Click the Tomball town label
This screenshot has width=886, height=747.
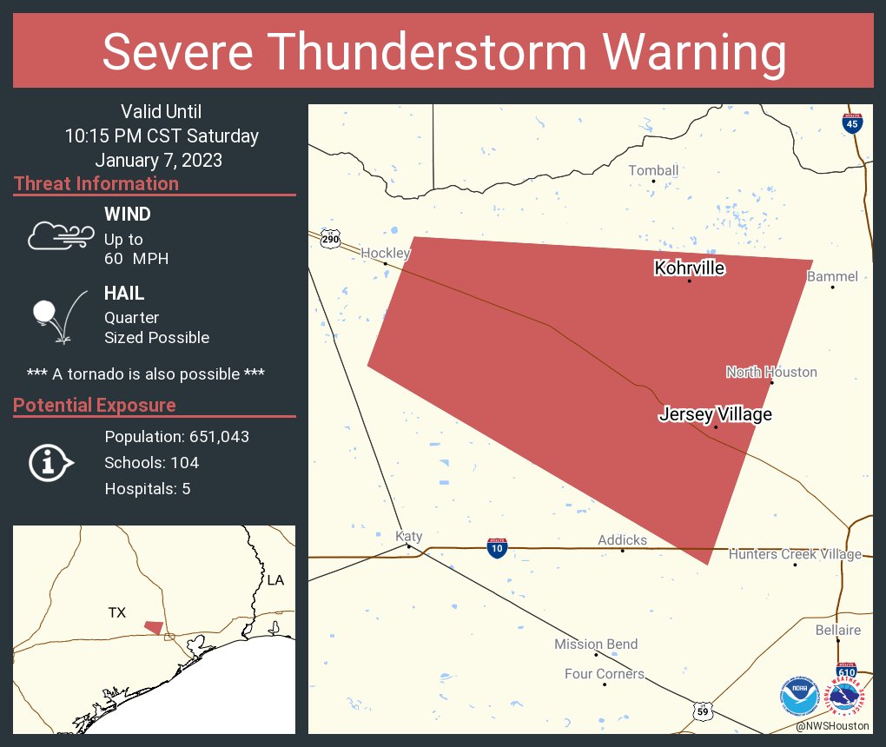(653, 170)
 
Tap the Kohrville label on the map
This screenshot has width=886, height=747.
(689, 268)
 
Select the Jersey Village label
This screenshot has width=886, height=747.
(715, 414)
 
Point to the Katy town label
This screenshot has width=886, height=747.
(408, 536)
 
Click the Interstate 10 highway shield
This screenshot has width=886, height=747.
(496, 547)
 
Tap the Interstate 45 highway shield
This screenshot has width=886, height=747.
(852, 123)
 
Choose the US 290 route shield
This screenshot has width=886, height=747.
(329, 239)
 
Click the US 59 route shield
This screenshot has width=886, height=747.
(703, 711)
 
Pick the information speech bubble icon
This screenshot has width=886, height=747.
(51, 462)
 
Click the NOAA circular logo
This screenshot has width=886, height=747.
(799, 697)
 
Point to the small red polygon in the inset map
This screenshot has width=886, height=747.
(154, 627)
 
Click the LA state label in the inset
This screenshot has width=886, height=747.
(275, 579)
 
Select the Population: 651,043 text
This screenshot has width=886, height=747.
(176, 436)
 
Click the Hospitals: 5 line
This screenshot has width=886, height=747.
(148, 488)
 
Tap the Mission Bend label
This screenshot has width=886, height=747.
(596, 644)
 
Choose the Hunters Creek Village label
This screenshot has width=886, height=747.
(795, 554)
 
